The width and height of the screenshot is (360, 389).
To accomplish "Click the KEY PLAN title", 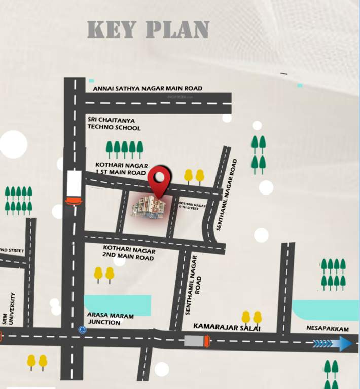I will (x=148, y=30).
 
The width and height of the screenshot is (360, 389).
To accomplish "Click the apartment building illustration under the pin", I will (x=149, y=207).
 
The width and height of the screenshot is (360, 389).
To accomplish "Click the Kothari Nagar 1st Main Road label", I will (x=121, y=169).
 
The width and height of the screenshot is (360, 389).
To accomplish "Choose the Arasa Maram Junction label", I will (x=111, y=319).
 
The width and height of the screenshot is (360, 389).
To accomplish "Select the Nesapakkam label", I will (x=328, y=329).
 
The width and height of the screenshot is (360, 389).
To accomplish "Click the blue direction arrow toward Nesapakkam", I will (x=332, y=343).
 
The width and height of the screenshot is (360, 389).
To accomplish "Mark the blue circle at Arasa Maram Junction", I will (x=82, y=330).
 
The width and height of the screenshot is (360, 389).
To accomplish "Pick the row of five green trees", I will (x=124, y=149).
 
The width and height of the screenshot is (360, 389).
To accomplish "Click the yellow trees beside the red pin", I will (x=194, y=176).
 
